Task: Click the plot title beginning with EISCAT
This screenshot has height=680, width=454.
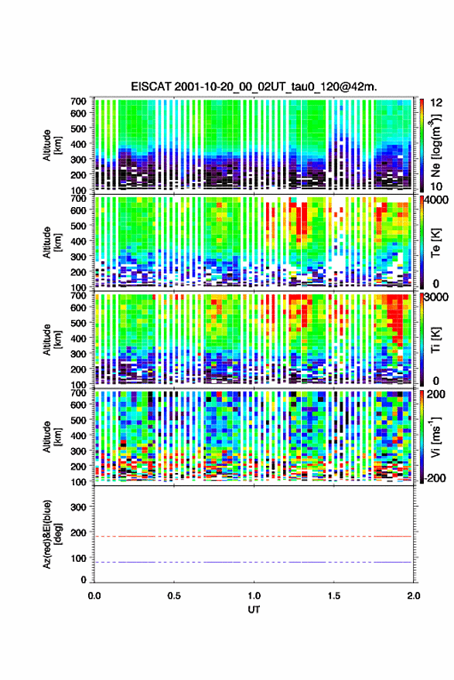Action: point(254,87)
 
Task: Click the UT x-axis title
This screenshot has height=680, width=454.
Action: point(254,610)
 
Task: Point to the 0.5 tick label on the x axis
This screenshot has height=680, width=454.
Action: point(174,596)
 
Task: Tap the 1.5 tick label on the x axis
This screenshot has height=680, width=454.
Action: point(334,596)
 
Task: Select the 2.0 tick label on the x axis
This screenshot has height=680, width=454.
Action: point(414,596)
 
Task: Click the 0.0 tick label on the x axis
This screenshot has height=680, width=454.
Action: point(94,596)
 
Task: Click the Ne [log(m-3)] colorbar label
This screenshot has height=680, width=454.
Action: point(435,146)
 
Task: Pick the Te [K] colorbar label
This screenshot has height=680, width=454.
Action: point(435,243)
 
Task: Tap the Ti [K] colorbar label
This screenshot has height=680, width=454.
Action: point(435,340)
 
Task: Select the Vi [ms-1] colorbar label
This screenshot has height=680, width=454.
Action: point(435,437)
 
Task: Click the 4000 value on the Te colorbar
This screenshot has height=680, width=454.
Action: point(437,201)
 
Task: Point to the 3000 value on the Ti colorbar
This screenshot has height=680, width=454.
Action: point(437,297)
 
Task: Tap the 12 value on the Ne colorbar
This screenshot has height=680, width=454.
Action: point(436,103)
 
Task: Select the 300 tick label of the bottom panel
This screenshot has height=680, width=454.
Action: point(79,507)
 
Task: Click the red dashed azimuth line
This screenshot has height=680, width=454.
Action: point(253,536)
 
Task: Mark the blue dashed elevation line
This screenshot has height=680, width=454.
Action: point(253,562)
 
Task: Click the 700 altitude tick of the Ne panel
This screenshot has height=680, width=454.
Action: point(79,101)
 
